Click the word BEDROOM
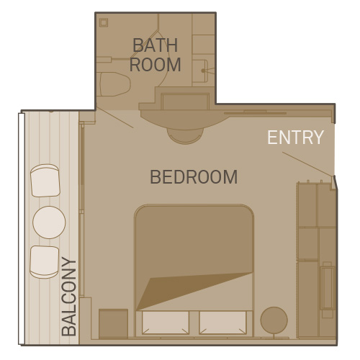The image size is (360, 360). (194, 177)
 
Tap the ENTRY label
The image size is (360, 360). (295, 138)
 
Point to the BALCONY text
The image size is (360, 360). (68, 297)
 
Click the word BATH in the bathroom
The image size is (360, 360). (156, 45)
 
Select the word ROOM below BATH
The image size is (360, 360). (155, 64)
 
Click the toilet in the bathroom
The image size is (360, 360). (114, 84)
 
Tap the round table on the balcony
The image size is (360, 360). (49, 222)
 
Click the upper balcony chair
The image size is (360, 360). (45, 181)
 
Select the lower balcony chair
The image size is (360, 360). (45, 262)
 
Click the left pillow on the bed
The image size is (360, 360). (166, 323)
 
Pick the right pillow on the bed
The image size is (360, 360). (222, 323)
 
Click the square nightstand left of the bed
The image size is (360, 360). (113, 324)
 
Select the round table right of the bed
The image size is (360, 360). (274, 320)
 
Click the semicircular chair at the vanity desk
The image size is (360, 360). (185, 136)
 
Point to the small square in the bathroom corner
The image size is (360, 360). (104, 22)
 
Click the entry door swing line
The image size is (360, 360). (308, 164)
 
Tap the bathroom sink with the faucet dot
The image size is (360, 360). (200, 71)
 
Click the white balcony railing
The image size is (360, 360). (22, 229)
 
